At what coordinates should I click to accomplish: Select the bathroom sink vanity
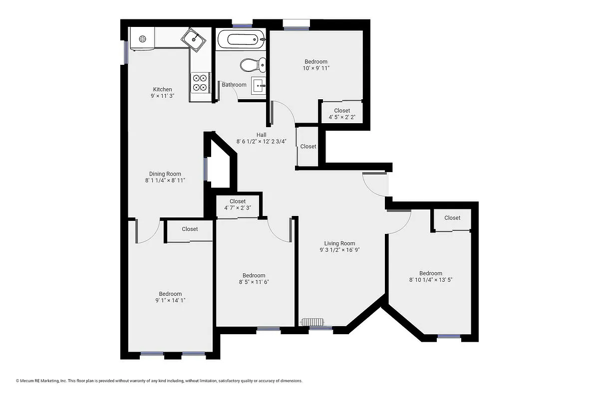click(x=259, y=86)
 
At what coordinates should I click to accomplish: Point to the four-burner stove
click(x=200, y=82)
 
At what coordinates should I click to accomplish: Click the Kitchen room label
click(x=162, y=90)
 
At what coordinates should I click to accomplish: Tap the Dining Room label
click(x=165, y=174)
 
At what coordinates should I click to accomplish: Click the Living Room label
click(x=339, y=243)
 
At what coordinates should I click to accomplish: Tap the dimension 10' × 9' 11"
click(x=316, y=68)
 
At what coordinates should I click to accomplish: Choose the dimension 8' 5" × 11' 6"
click(x=254, y=282)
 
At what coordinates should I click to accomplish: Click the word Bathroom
click(x=234, y=85)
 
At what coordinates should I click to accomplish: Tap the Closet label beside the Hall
click(x=308, y=147)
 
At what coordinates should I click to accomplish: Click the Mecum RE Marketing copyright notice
click(x=159, y=381)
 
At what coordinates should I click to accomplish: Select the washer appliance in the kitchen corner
click(x=142, y=38)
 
